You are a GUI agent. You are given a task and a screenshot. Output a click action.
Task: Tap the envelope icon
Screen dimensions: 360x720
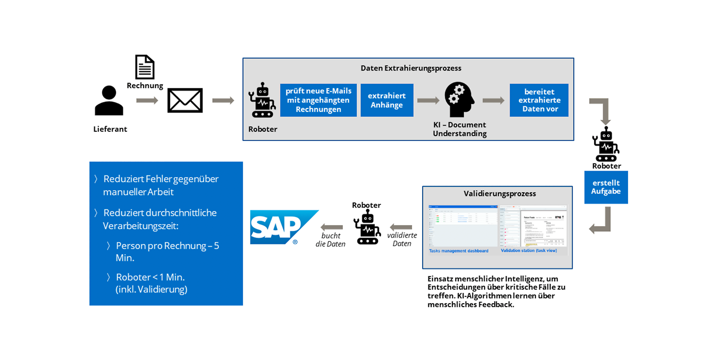(x=185, y=100)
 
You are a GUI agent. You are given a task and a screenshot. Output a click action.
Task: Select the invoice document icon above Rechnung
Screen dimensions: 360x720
(x=145, y=67)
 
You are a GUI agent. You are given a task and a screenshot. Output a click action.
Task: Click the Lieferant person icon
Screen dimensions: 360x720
(x=109, y=100)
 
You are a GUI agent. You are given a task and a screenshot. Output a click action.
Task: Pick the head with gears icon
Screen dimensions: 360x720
(x=459, y=100)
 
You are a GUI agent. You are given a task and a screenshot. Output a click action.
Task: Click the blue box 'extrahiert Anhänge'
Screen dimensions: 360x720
(x=387, y=100)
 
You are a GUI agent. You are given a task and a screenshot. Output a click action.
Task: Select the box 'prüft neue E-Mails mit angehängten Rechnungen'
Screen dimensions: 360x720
(x=318, y=100)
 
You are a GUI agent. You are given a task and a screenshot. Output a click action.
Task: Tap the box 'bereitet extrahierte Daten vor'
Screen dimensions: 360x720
(x=539, y=100)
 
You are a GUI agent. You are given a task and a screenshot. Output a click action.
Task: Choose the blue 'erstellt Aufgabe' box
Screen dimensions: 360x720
(x=606, y=187)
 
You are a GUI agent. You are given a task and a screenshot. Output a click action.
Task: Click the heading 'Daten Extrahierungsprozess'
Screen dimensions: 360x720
(x=411, y=68)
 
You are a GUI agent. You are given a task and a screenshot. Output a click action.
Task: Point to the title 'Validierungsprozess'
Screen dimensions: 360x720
(x=500, y=194)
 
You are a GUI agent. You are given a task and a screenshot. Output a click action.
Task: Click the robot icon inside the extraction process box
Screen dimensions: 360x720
(x=262, y=100)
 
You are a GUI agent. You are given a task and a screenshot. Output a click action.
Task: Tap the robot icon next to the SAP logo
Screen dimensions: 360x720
(x=367, y=227)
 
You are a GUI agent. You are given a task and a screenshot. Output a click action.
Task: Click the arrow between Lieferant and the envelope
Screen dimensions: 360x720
(x=147, y=100)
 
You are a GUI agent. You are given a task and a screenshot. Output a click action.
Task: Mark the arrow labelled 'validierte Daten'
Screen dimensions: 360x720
(x=401, y=227)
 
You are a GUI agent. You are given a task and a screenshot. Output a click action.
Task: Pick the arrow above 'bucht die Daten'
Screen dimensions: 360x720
(x=332, y=227)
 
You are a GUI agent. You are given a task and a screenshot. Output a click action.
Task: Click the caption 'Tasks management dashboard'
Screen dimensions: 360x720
(x=459, y=251)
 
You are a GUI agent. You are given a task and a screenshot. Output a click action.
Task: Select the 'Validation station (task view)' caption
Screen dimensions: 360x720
(x=529, y=250)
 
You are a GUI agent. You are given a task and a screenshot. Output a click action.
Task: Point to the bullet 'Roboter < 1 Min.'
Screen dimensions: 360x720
(x=150, y=277)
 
